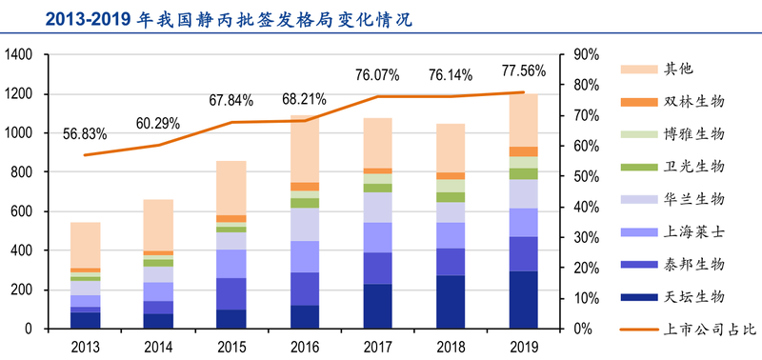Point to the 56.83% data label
[85, 133]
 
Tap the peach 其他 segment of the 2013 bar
[85, 245]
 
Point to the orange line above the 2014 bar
[158, 145]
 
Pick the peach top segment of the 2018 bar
[451, 148]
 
